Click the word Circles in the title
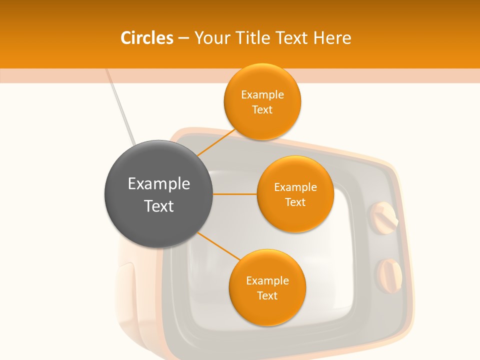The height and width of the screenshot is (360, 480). click(x=147, y=38)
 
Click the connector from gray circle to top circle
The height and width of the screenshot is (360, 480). click(x=216, y=142)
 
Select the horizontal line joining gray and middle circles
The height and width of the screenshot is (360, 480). click(x=234, y=194)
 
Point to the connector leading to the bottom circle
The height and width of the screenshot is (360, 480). click(x=218, y=245)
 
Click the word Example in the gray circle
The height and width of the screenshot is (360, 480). click(x=158, y=184)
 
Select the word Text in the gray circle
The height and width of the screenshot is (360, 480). click(x=158, y=206)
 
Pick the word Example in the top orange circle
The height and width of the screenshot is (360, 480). click(x=262, y=95)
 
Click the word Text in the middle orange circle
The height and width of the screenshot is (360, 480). click(x=295, y=202)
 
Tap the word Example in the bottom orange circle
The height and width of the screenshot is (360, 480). click(x=267, y=281)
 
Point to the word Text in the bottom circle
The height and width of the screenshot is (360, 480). click(x=267, y=296)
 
